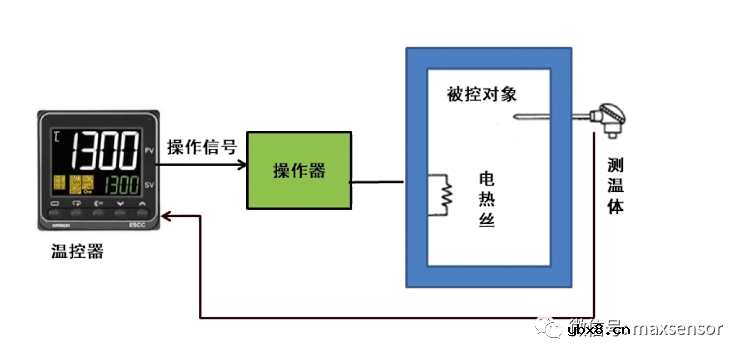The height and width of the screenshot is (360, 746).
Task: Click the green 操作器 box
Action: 299,170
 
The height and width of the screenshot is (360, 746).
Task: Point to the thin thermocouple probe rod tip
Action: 517,120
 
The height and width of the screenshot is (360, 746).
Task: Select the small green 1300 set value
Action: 123,185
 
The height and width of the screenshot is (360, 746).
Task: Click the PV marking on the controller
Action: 149,150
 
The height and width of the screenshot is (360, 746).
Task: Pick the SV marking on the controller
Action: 149,185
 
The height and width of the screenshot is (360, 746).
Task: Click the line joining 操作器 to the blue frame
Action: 378,182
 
